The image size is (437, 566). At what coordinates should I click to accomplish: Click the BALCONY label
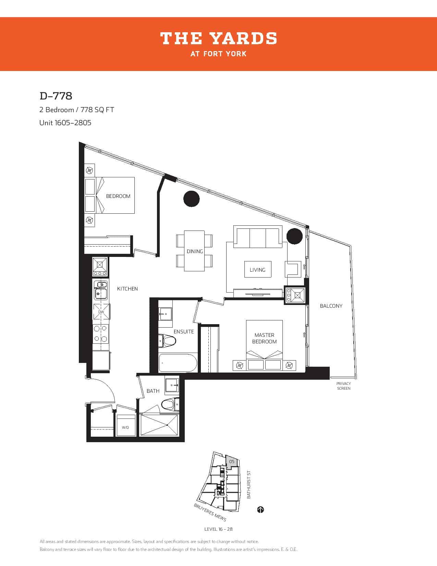click(x=331, y=306)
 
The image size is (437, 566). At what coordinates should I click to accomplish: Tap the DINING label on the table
click(x=195, y=251)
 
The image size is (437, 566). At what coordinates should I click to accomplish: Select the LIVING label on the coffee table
click(x=257, y=270)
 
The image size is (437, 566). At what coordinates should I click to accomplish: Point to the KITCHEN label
click(x=127, y=288)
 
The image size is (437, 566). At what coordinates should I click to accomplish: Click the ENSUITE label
click(x=184, y=332)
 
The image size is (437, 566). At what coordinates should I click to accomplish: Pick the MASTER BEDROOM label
click(x=264, y=338)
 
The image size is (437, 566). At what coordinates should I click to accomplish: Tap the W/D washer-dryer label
click(x=125, y=427)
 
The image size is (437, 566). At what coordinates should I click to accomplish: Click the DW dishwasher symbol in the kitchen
click(x=101, y=311)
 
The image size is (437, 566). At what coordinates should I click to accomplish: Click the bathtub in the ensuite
click(x=178, y=363)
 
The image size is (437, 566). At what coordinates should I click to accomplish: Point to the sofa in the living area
click(x=258, y=237)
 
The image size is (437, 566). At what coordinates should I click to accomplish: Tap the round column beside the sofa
click(x=294, y=236)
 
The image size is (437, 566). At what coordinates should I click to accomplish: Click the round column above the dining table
click(x=191, y=199)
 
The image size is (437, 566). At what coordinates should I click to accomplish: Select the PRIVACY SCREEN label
click(x=343, y=386)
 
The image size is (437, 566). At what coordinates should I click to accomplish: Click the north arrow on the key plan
click(x=260, y=510)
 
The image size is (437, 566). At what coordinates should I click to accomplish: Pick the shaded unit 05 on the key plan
click(x=231, y=462)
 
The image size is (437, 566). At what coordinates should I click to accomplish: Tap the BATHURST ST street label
click(x=248, y=484)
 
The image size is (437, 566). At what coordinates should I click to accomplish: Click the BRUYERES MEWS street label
click(x=210, y=512)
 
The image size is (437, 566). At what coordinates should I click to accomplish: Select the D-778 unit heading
click(x=56, y=96)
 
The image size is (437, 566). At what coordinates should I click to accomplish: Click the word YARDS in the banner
click(x=243, y=38)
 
